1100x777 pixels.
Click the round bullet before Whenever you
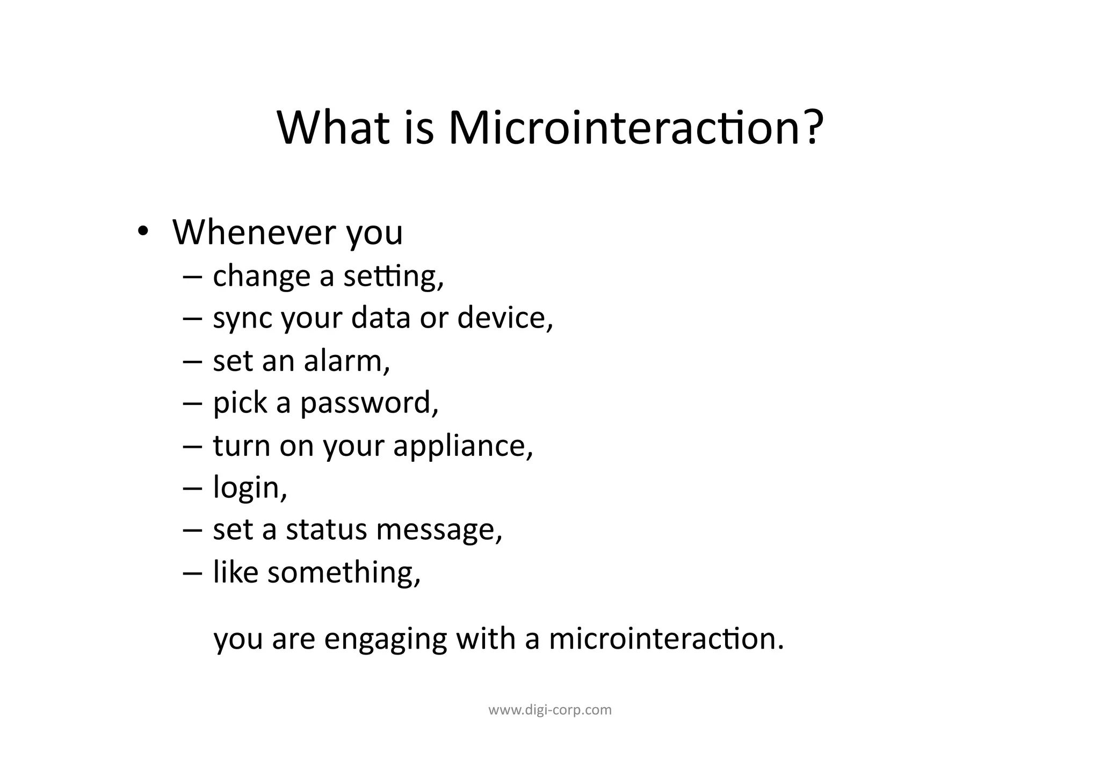click(142, 231)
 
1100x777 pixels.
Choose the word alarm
click(346, 360)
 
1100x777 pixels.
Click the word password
click(369, 404)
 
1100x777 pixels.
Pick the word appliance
click(463, 447)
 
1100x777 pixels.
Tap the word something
click(344, 572)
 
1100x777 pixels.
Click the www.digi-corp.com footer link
click(550, 710)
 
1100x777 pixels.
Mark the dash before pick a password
click(192, 404)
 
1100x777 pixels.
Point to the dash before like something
click(192, 573)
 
